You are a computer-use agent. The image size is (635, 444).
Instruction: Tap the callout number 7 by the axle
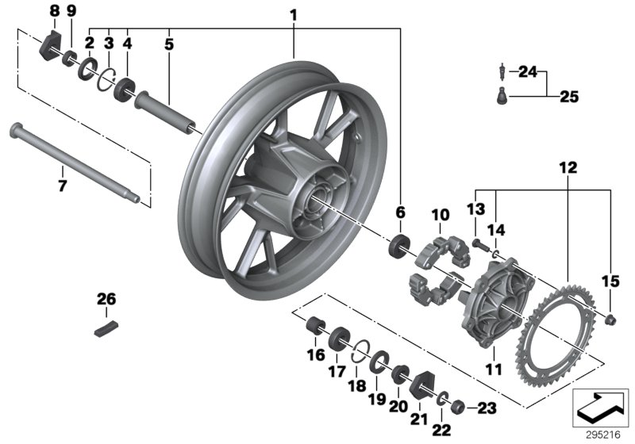(x=62, y=186)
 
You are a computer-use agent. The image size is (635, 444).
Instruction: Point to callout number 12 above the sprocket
(x=567, y=169)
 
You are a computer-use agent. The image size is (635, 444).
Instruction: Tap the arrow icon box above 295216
(x=600, y=406)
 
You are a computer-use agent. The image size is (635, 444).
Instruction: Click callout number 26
(x=106, y=300)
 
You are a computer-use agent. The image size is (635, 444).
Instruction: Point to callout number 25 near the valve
(x=568, y=98)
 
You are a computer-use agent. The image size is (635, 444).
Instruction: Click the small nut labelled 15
(x=611, y=319)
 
